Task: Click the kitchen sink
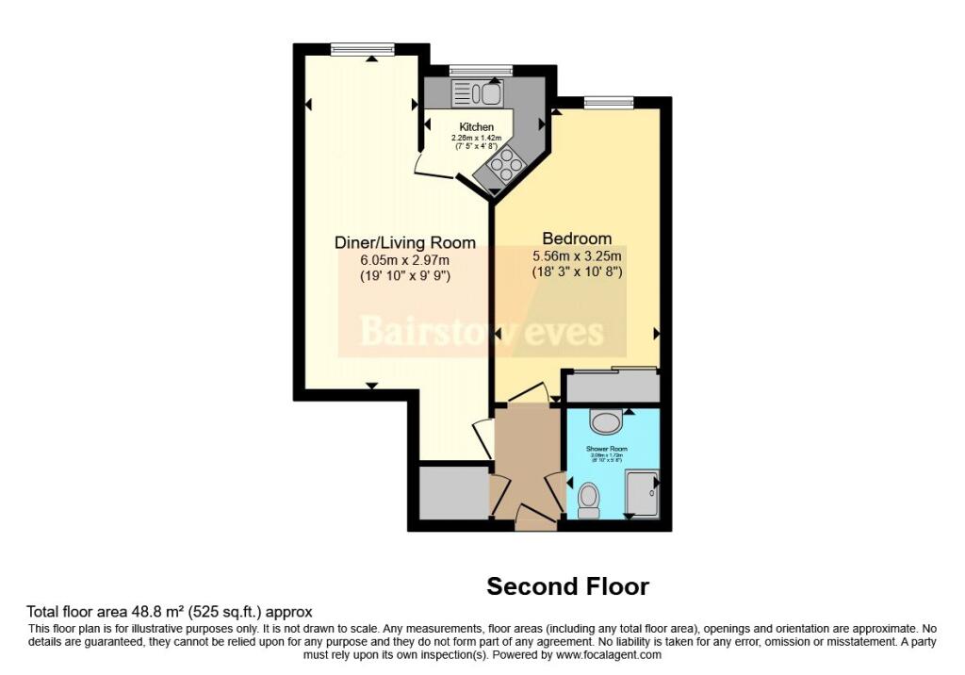pos(479,92)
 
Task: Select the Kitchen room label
pos(476,127)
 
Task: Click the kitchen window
pos(481,70)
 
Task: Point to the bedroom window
pos(608,102)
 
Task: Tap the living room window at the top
pos(362,49)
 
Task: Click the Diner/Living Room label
pos(405,243)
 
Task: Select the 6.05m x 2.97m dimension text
pos(405,260)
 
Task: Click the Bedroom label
pos(577,239)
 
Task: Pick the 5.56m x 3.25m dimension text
pos(577,255)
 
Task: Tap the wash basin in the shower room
pos(604,420)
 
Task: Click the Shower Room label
pos(611,449)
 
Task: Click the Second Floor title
pos(567,586)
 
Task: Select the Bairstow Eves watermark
pos(481,332)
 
